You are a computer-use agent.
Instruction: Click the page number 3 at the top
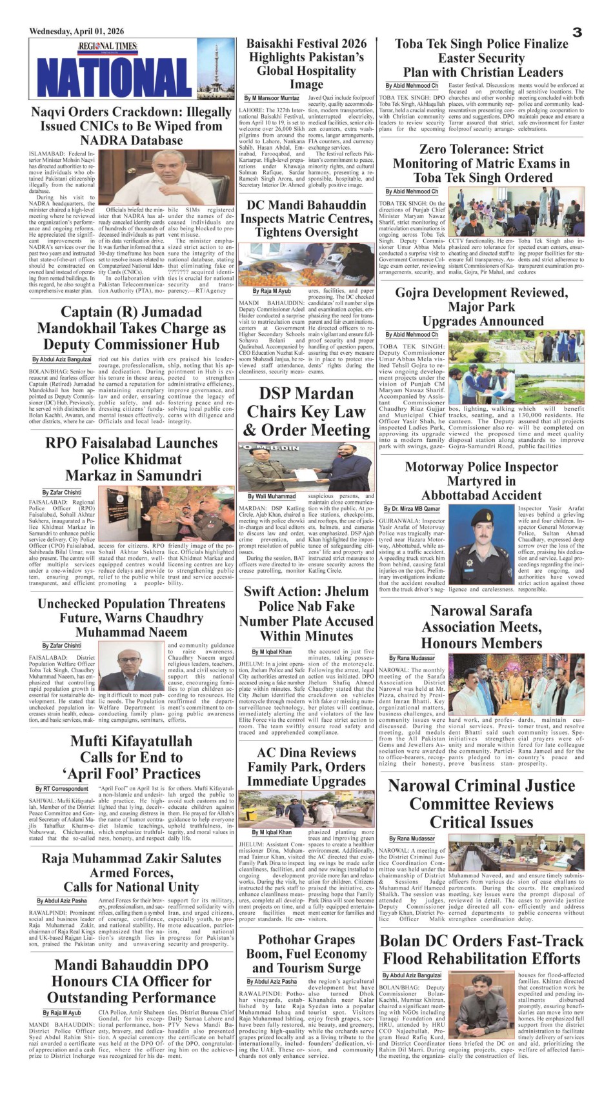coord(577,32)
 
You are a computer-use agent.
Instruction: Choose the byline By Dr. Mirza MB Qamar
coord(412,509)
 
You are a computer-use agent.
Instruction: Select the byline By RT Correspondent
coord(62,788)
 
